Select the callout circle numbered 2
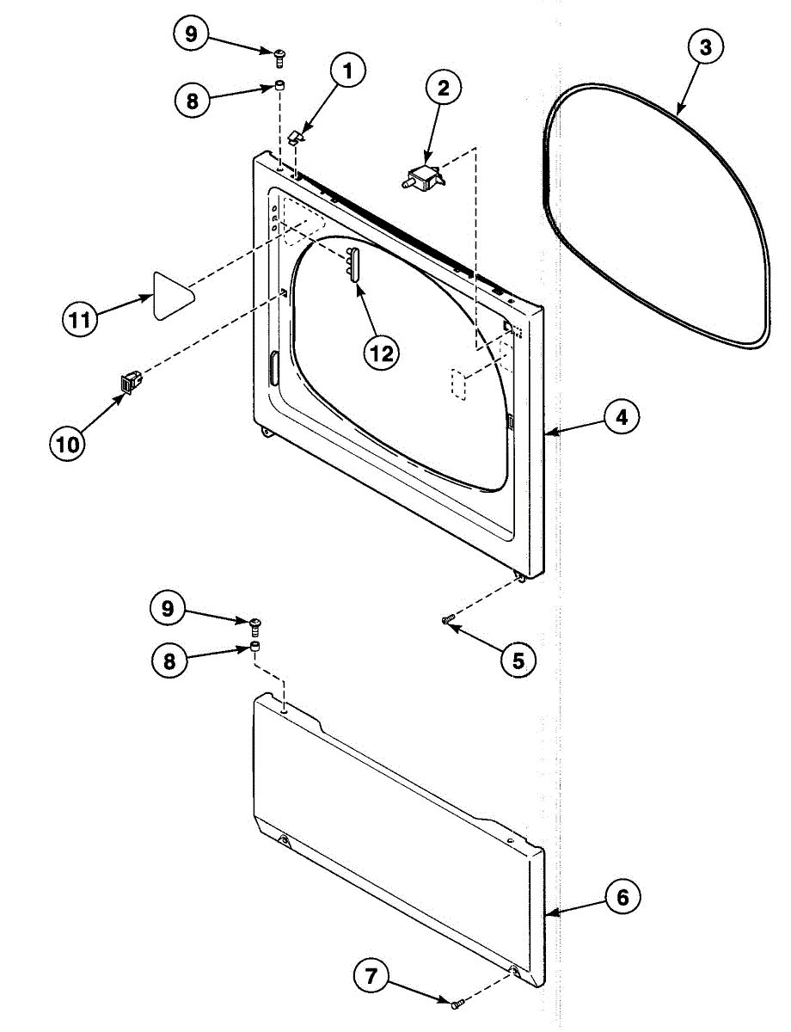click(443, 88)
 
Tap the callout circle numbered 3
click(704, 48)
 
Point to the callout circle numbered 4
click(620, 419)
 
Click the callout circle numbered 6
click(622, 898)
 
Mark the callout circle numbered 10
click(67, 444)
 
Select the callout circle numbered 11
click(79, 321)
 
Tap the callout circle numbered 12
click(380, 352)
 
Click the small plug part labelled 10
click(129, 381)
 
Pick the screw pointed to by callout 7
click(456, 1002)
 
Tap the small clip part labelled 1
click(297, 136)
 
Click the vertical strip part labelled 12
click(352, 261)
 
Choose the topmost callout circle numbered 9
click(190, 34)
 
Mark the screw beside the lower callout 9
click(255, 623)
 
